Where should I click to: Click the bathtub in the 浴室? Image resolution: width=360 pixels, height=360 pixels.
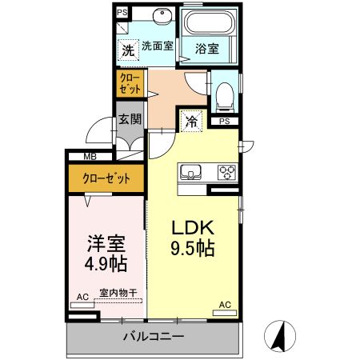(x=208, y=22)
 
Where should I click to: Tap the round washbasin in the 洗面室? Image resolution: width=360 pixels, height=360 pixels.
(x=162, y=16)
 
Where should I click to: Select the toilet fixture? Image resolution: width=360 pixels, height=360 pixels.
(x=225, y=98)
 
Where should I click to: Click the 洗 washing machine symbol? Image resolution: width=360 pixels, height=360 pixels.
(x=129, y=50)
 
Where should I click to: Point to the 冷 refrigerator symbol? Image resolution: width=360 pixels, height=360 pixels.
(x=191, y=121)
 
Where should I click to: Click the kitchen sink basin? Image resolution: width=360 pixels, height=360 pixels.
(x=190, y=173)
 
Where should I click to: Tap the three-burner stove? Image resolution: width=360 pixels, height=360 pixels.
(x=227, y=172)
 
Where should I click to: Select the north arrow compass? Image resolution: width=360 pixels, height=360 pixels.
(x=280, y=336)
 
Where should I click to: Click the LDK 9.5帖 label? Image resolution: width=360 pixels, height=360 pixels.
(x=193, y=238)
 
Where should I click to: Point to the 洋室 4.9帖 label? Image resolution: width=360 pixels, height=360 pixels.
(x=106, y=253)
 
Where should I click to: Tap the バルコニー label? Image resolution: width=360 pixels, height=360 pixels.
(x=154, y=336)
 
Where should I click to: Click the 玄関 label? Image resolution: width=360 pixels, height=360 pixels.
(x=130, y=119)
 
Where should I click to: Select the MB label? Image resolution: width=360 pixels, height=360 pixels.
(x=90, y=157)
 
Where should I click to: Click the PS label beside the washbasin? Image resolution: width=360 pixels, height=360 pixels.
(x=122, y=13)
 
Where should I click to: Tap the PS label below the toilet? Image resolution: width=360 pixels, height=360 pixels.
(x=225, y=122)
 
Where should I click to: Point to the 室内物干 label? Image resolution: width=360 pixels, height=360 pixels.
(x=118, y=293)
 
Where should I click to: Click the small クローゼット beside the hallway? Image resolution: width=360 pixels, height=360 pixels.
(x=130, y=83)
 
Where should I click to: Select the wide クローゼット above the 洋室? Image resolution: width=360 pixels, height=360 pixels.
(x=106, y=178)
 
